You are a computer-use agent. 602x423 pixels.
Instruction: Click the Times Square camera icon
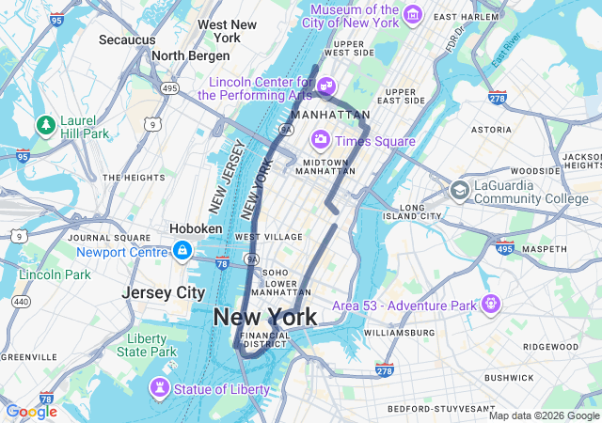[x=321, y=140]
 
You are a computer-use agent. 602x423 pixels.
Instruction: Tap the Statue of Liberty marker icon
[x=159, y=388]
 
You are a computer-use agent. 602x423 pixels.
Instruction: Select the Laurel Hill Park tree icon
[x=44, y=124]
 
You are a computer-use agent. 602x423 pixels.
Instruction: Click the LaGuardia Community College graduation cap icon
[x=459, y=191]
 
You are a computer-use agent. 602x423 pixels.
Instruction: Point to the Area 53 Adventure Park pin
[x=489, y=305]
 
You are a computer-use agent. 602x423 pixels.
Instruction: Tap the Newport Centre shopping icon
[x=182, y=251]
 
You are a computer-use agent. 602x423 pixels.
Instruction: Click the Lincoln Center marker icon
[x=325, y=86]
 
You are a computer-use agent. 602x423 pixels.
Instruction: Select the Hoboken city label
[x=196, y=228]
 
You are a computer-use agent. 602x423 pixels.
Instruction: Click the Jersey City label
[x=163, y=292]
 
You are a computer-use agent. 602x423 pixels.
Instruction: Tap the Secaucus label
[x=127, y=39]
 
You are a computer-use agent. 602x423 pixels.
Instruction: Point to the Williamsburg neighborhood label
[x=399, y=333]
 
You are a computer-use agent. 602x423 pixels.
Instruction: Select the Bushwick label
[x=509, y=377]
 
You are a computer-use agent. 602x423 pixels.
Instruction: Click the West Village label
[x=261, y=237]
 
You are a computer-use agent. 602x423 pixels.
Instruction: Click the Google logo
[x=31, y=411]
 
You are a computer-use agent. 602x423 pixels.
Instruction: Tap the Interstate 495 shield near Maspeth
[x=504, y=248]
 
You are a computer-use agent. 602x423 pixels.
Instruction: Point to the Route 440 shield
[x=21, y=302]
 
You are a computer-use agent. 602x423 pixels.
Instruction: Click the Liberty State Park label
[x=146, y=345]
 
